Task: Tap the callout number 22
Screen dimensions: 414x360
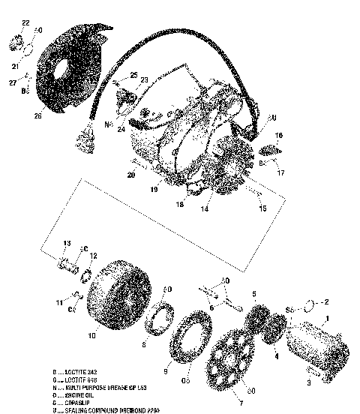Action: tap(25, 24)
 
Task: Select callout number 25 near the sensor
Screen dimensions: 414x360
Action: tap(133, 76)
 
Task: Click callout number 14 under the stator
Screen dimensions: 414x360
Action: tap(203, 211)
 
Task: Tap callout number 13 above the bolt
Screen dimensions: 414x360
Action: tap(67, 244)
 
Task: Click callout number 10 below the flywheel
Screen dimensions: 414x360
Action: tap(91, 336)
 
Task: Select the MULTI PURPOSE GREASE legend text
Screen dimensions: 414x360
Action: tap(106, 386)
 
